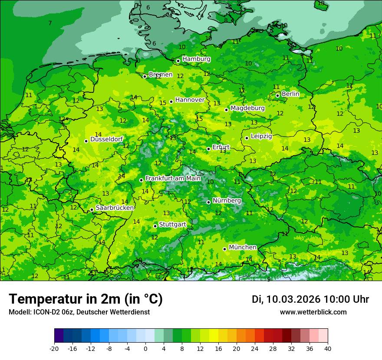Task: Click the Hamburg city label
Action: (196, 59)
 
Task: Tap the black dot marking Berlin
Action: (277, 95)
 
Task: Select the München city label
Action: (242, 247)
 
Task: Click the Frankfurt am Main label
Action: (173, 178)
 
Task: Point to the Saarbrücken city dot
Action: (92, 209)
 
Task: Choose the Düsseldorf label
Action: (106, 139)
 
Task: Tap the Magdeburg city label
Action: (247, 108)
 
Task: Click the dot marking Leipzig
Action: (247, 138)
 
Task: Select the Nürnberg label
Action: (227, 201)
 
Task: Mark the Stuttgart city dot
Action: (155, 226)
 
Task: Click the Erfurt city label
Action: (221, 147)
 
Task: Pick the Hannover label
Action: (190, 100)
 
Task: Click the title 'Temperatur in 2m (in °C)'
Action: (86, 299)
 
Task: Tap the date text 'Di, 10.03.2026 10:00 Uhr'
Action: (310, 299)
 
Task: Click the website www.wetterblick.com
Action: (313, 312)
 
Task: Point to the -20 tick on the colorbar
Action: (54, 348)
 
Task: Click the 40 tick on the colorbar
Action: (328, 348)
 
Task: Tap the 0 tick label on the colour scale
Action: (145, 348)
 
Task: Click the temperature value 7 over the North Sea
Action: (50, 23)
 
